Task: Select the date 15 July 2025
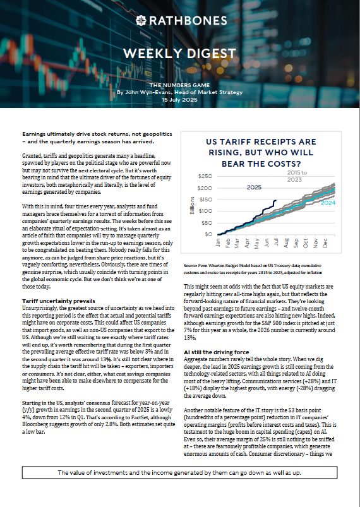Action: (180, 100)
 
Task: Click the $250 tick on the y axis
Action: (206, 176)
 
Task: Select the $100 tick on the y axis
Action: (206, 211)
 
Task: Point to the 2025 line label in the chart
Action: (255, 188)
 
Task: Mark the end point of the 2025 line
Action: (275, 201)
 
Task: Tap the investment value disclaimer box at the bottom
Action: (180, 490)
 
